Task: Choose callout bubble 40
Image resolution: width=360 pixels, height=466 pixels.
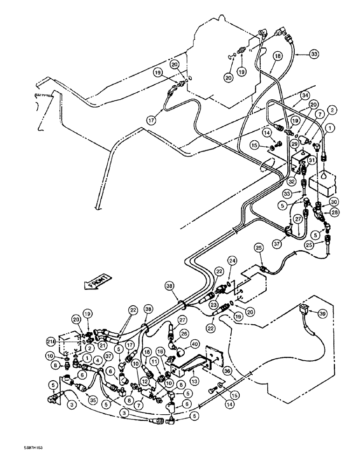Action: (194, 345)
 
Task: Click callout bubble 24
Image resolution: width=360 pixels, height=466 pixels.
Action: (232, 261)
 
